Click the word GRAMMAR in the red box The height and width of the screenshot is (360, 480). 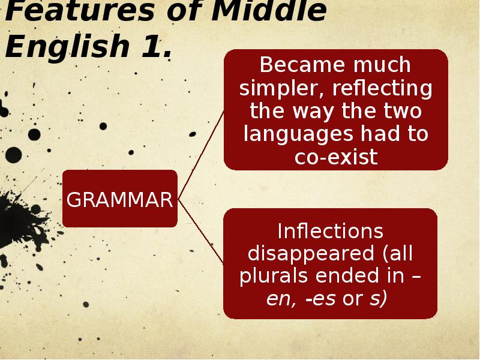point(119,200)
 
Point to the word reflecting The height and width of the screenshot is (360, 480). point(382,89)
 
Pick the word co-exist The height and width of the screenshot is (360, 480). point(336,157)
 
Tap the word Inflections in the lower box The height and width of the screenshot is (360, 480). point(331,231)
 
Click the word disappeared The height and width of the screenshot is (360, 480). point(311,254)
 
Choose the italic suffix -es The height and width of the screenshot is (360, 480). point(320,299)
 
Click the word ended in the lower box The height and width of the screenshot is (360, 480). point(347,275)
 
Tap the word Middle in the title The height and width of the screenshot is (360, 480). point(269,11)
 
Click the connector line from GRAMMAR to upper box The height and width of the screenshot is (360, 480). point(201,156)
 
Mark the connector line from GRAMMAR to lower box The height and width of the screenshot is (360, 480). point(201,231)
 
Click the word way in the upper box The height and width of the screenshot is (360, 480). point(313,112)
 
